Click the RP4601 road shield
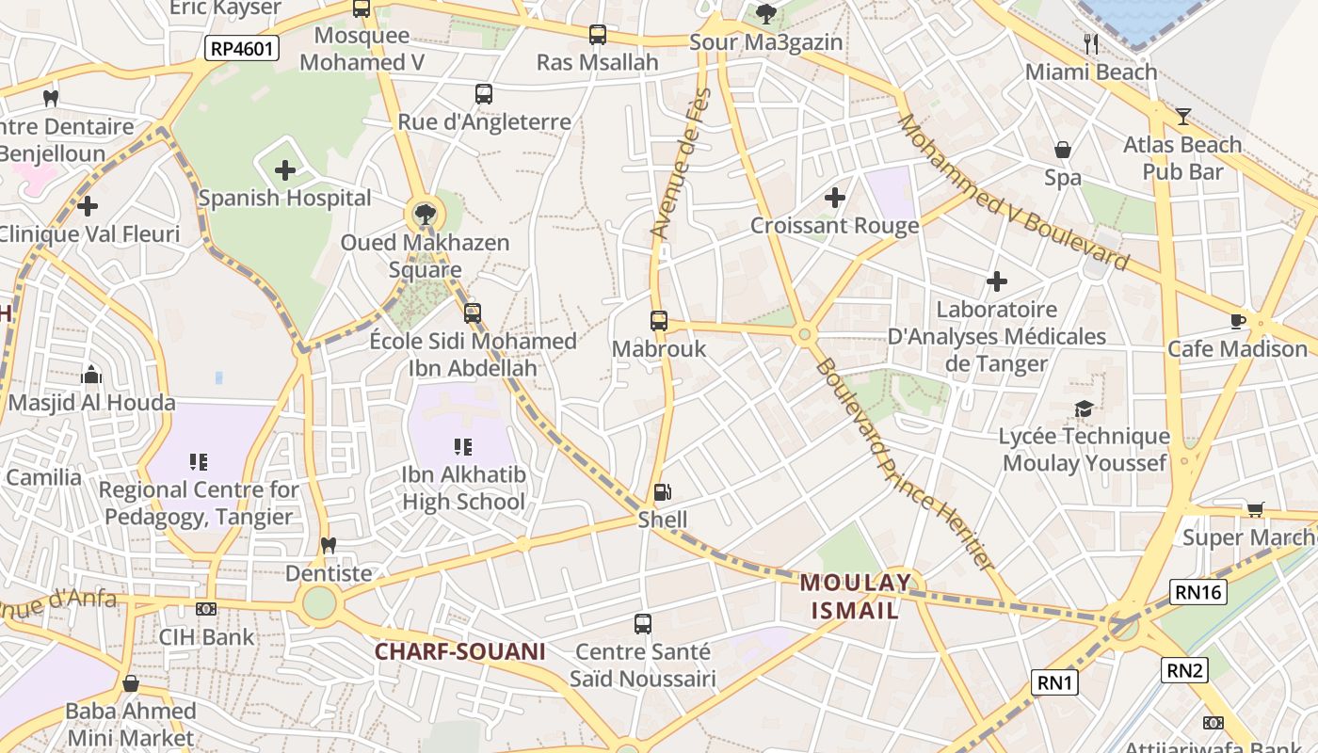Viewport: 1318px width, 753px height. coord(242,48)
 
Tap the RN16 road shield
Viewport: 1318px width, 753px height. coord(1198,592)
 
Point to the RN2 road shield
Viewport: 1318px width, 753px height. coord(1184,670)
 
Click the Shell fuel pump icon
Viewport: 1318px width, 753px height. coord(663,491)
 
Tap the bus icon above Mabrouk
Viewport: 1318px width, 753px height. coord(659,321)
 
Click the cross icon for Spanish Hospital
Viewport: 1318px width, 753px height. coord(285,170)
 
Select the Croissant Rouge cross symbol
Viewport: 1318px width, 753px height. coord(834,198)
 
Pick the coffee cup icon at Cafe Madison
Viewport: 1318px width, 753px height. coord(1238,321)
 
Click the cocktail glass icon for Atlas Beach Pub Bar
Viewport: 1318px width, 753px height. coord(1183,117)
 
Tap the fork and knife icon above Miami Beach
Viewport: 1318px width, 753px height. coord(1091,42)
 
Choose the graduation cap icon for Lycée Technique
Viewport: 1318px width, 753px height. coord(1084,409)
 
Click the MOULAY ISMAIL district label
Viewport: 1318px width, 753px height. coord(856,596)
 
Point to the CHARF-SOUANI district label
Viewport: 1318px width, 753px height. coord(460,651)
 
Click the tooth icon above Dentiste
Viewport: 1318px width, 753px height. coord(329,545)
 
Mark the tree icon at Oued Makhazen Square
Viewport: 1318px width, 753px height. coord(425,213)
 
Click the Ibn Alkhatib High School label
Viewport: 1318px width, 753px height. coord(463,488)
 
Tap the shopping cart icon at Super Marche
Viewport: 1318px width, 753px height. coord(1255,509)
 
